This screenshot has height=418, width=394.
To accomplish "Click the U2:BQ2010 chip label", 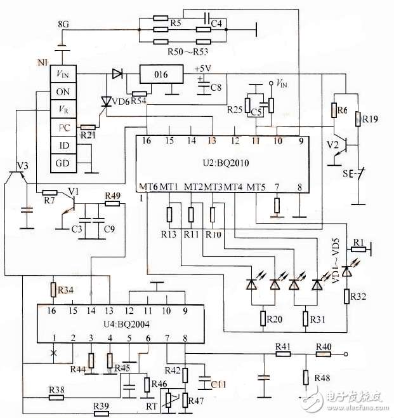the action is point(226,163).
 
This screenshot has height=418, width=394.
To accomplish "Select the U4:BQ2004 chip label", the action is point(126,325).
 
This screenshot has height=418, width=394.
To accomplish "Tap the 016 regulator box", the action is point(161,74).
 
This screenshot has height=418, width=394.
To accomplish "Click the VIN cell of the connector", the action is point(63,74).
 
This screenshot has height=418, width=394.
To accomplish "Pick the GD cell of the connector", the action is point(63,163).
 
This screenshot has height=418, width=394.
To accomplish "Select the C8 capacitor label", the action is point(216,87).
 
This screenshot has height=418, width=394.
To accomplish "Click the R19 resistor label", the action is point(370,119).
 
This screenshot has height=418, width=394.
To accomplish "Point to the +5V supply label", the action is point(203,69).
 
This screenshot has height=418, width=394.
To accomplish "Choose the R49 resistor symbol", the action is point(112,204).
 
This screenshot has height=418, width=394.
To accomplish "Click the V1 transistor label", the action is point(74,191).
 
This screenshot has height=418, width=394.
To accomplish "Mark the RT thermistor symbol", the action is point(168,400).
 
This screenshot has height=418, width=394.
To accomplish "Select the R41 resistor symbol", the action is point(283,354).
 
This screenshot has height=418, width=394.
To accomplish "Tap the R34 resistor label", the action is point(65,290).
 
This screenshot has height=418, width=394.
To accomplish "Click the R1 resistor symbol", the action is point(358,250).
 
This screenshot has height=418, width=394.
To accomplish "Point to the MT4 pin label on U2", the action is point(233,187).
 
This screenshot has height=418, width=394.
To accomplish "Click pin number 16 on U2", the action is point(146,141).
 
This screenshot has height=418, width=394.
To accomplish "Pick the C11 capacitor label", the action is point(218,385).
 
